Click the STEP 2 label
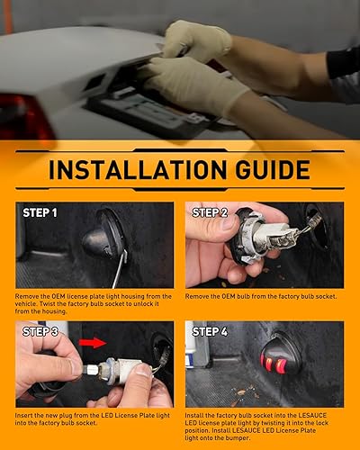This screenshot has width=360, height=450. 211,213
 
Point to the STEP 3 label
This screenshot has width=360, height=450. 38,332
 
